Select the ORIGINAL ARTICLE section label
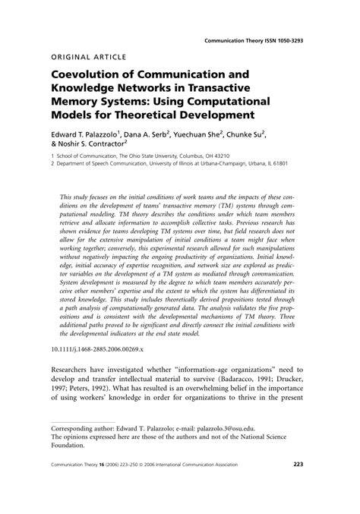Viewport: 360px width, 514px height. [x=88, y=57]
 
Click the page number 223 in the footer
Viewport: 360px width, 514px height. [x=298, y=487]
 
